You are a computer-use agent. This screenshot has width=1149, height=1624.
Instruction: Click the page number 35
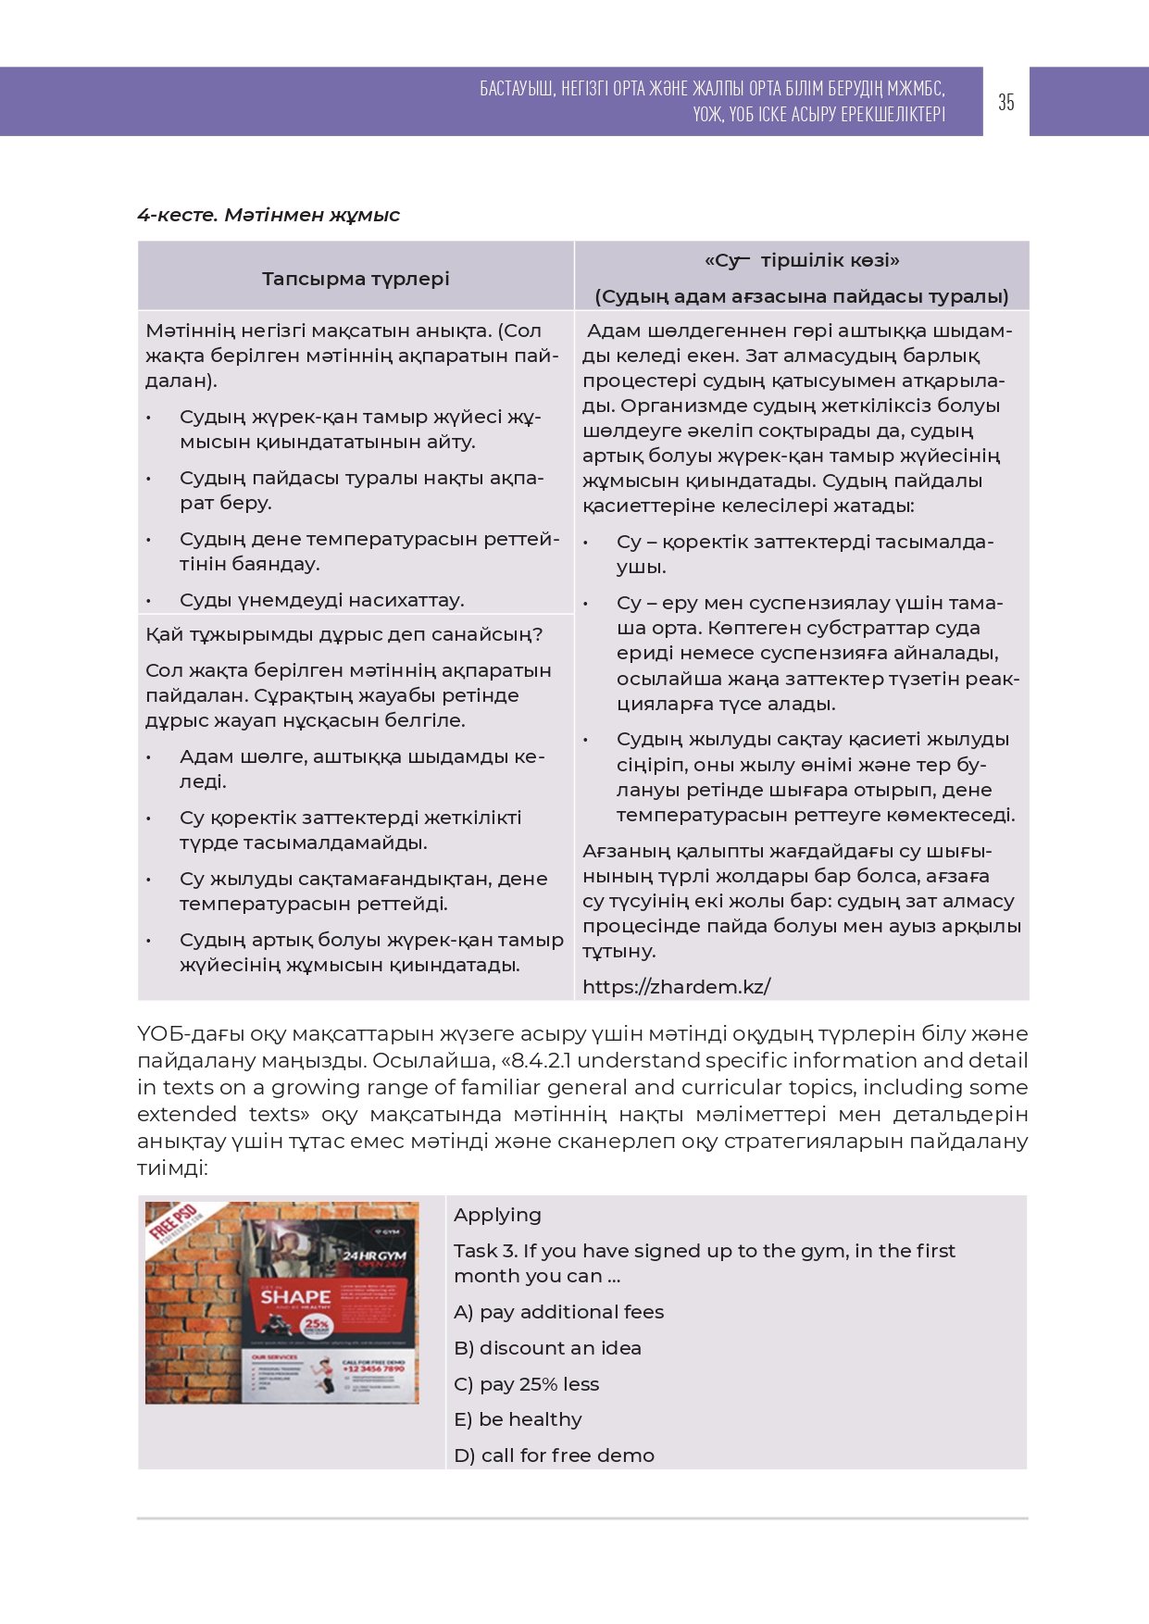tap(1006, 102)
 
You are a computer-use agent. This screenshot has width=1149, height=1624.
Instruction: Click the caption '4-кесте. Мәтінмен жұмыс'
tap(269, 215)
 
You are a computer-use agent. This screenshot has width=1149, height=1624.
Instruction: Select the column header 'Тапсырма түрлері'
tap(356, 279)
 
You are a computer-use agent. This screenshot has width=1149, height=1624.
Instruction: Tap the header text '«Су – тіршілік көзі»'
tap(802, 260)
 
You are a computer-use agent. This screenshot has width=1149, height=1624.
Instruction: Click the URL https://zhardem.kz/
tap(676, 987)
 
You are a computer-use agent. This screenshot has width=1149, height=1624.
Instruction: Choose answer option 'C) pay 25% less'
tap(526, 1384)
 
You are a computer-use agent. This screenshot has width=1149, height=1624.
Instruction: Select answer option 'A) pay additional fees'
tap(558, 1312)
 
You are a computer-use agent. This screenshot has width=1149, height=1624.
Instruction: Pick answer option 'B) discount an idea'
tap(547, 1348)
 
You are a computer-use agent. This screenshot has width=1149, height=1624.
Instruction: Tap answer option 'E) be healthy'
tap(518, 1419)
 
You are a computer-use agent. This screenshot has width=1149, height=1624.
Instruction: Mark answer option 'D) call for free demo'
tap(554, 1455)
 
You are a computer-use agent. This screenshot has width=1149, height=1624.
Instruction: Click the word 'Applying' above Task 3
tap(497, 1215)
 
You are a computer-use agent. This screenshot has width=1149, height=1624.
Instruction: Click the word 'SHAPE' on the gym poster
tap(295, 1297)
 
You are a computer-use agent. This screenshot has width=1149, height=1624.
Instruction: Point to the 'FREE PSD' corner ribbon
tap(173, 1222)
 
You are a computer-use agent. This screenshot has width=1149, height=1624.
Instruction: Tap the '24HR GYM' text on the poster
tap(375, 1256)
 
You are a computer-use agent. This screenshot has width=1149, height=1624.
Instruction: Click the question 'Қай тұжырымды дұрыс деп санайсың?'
tap(343, 634)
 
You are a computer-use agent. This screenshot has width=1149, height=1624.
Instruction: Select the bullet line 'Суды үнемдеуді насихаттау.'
tap(321, 600)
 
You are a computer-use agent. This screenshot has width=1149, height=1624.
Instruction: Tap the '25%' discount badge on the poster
tap(317, 1325)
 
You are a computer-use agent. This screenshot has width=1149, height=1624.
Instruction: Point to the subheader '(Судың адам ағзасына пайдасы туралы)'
tap(802, 296)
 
